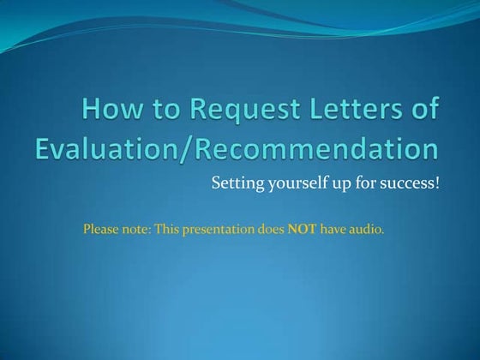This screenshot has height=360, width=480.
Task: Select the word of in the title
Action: pyautogui.click(x=425, y=111)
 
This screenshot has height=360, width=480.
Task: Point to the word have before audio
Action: pyautogui.click(x=333, y=229)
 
